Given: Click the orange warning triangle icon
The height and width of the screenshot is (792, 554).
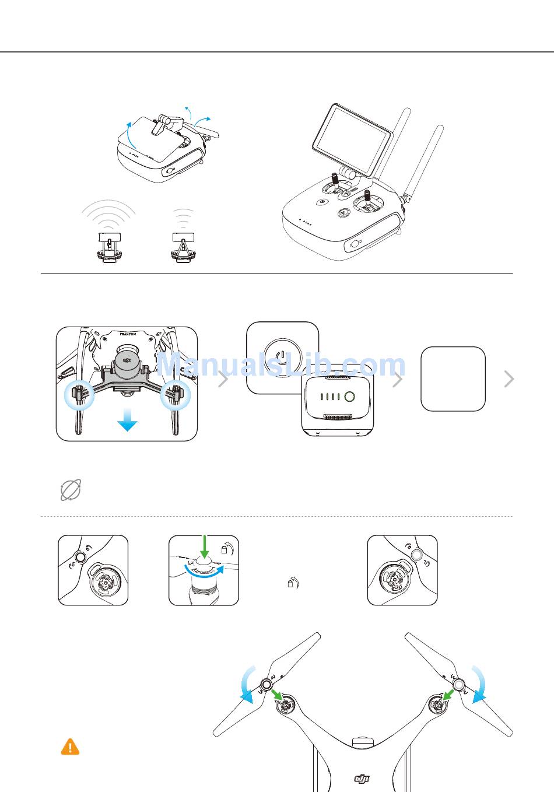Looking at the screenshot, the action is (70, 747).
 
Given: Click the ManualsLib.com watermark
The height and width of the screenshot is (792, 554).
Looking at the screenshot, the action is (280, 365).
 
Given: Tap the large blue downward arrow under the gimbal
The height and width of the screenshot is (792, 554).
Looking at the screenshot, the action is (127, 420).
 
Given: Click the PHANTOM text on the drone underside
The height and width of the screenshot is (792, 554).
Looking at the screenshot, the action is (128, 334).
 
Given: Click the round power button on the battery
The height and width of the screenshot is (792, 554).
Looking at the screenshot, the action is (349, 397).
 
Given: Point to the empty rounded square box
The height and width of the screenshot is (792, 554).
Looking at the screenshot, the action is (453, 379).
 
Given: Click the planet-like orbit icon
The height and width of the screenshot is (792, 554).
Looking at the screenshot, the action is (71, 490).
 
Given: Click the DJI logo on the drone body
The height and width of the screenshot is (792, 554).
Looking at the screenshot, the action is (362, 778).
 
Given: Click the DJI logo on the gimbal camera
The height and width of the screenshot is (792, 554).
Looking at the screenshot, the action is (127, 360).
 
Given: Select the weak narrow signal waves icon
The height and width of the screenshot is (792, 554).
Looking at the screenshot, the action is (183, 218).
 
